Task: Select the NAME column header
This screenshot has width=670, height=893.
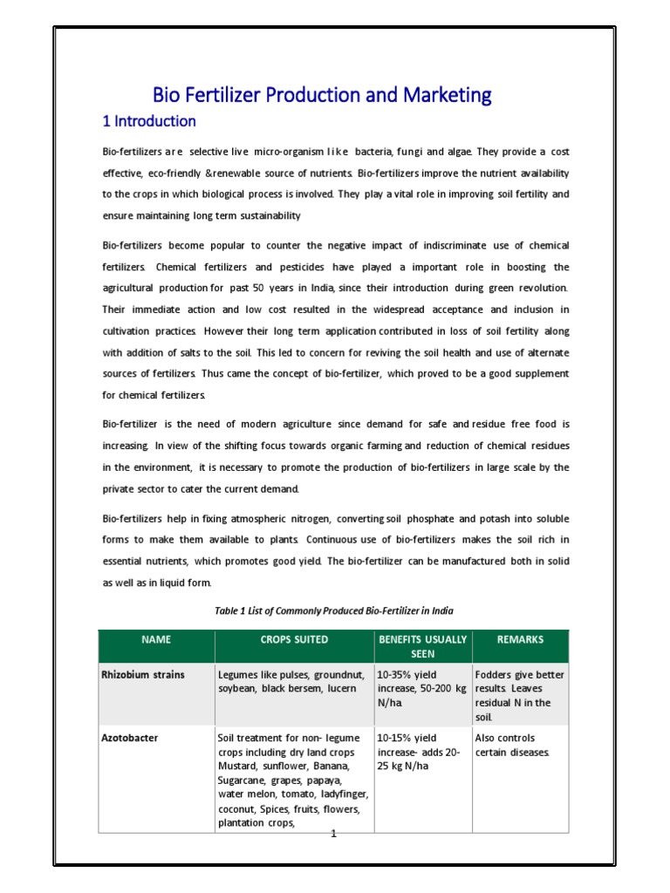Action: point(156,639)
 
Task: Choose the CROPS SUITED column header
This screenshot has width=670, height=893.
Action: point(294,639)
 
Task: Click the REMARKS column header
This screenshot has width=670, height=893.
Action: point(520,639)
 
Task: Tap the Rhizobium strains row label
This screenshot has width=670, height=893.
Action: point(143,675)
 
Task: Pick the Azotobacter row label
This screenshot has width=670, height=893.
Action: point(130,738)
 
